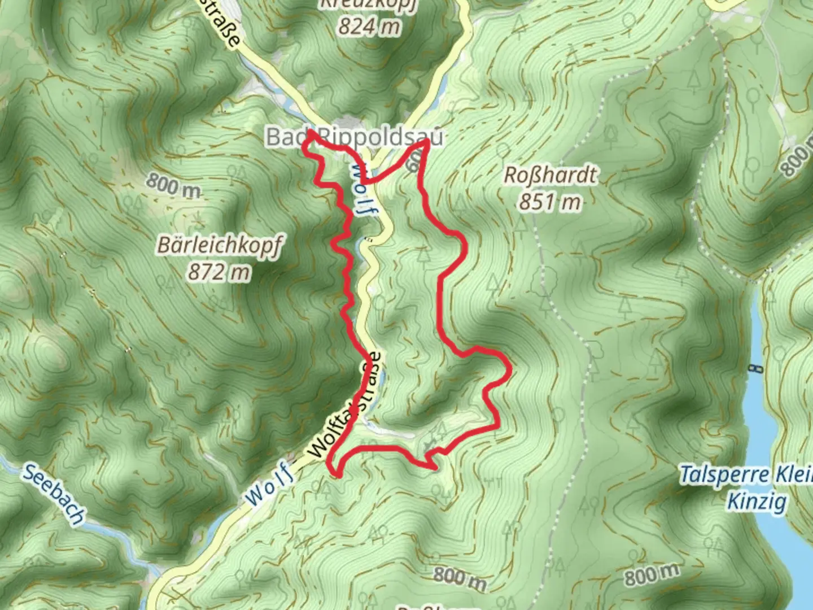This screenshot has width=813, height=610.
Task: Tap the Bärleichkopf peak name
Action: tap(219, 246)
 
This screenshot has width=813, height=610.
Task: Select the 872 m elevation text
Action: tap(219, 272)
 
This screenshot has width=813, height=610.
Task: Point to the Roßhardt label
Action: tap(549, 175)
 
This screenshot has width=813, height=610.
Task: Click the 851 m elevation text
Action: tap(549, 201)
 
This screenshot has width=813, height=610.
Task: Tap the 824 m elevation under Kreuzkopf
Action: tap(370, 26)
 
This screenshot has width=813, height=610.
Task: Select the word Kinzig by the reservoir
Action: tap(757, 500)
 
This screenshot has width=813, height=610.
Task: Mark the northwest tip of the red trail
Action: tap(311, 132)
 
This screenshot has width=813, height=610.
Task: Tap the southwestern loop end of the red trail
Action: tap(336, 473)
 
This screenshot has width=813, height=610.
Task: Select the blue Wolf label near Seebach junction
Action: tap(270, 483)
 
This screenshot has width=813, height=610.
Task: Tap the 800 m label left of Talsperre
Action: tap(652, 574)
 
